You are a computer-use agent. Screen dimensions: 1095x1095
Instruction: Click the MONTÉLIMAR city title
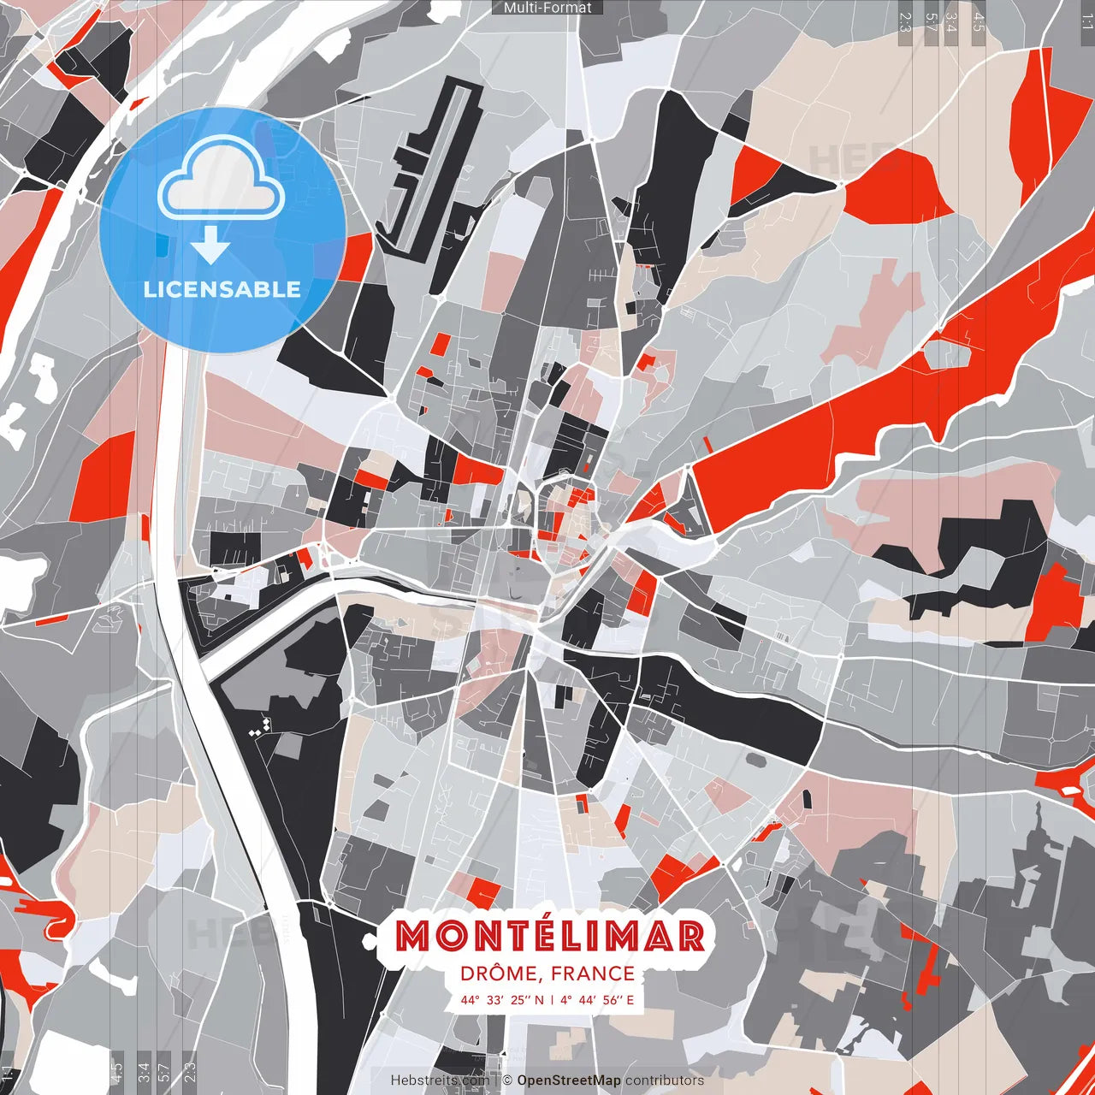tap(549, 936)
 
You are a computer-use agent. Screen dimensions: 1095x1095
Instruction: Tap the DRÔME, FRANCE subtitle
tap(547, 974)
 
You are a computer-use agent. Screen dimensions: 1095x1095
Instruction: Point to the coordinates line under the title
tap(547, 999)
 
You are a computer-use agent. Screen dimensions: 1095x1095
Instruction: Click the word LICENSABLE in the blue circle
tap(222, 289)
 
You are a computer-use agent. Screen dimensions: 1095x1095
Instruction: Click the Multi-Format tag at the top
tap(547, 8)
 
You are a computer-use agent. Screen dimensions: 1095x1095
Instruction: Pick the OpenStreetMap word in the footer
tap(568, 1080)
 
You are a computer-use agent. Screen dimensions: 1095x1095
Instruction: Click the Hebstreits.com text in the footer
tap(441, 1080)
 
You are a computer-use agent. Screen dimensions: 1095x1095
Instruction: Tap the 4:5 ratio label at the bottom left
tap(116, 1070)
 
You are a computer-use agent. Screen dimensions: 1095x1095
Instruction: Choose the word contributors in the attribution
tap(665, 1080)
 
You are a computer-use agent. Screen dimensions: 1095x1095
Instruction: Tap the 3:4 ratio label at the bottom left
tap(144, 1070)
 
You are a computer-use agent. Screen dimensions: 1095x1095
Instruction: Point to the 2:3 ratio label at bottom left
tap(189, 1070)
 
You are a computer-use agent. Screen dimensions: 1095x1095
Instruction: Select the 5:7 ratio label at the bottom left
tap(165, 1070)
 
